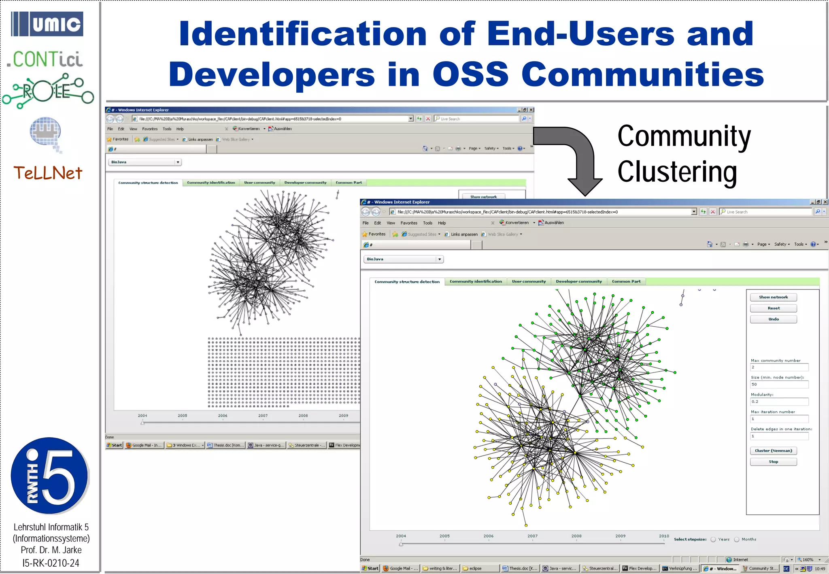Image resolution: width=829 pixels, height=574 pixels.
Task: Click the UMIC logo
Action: click(x=47, y=24)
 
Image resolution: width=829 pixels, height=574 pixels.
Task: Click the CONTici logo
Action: click(x=46, y=60)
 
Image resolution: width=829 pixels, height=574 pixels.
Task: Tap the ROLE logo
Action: click(x=48, y=91)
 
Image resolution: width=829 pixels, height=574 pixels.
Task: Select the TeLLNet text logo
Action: click(x=48, y=173)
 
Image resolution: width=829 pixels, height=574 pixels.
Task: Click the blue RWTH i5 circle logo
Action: click(x=49, y=476)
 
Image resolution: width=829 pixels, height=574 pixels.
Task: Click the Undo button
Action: click(x=773, y=319)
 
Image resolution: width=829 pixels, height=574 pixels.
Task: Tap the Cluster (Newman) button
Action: click(x=773, y=451)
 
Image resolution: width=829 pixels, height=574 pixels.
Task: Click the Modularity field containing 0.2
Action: click(x=779, y=402)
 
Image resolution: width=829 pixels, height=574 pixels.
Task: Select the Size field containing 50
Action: click(x=779, y=384)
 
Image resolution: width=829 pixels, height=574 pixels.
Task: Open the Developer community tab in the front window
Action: click(x=578, y=282)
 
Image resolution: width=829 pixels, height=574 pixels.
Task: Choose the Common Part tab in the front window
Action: click(x=626, y=282)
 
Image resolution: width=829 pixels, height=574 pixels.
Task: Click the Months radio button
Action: click(x=737, y=539)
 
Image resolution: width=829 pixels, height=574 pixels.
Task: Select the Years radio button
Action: click(x=713, y=539)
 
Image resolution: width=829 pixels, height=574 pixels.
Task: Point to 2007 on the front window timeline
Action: click(x=532, y=536)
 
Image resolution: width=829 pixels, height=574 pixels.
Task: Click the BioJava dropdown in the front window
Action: click(x=404, y=259)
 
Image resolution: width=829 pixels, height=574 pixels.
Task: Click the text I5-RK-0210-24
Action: click(x=51, y=563)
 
